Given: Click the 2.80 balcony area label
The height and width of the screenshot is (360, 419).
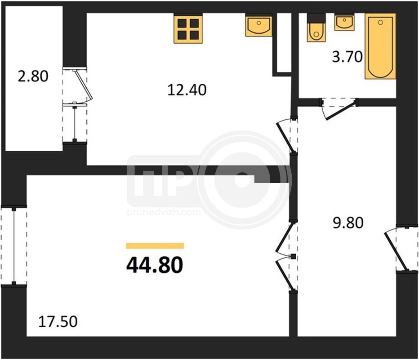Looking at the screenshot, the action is [x=33, y=76].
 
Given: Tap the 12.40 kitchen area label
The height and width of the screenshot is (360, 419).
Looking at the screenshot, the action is [x=187, y=90].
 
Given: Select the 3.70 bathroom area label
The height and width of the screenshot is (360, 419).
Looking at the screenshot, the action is [x=347, y=57].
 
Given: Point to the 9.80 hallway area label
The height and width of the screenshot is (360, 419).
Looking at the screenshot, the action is [x=348, y=223].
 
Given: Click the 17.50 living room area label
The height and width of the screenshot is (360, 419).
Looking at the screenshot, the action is [x=58, y=321].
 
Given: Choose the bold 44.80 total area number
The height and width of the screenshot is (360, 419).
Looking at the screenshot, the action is [x=155, y=265].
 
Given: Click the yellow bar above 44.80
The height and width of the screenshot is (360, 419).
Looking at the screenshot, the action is [x=155, y=246].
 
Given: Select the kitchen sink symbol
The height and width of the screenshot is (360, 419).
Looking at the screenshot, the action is [x=259, y=26].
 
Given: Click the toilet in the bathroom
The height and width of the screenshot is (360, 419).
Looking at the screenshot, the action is [x=316, y=28].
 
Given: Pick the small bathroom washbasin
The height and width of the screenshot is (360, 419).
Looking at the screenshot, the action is [x=344, y=23].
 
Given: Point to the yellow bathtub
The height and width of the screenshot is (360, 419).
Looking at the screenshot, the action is [x=380, y=46].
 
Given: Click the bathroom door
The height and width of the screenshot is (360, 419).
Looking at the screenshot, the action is [x=339, y=109].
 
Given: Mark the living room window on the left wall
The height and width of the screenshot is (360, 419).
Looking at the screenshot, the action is [x=14, y=246].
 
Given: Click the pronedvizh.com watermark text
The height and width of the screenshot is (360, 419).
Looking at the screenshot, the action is [x=164, y=212].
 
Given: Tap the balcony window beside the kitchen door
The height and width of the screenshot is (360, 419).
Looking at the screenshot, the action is [x=75, y=122].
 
